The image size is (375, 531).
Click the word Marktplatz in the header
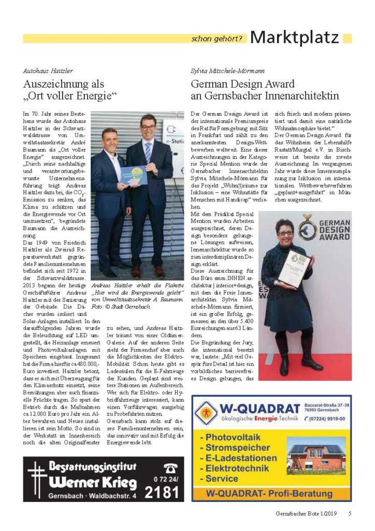(294, 37)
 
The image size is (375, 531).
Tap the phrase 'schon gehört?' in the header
(217, 38)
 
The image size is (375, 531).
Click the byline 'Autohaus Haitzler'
(48, 71)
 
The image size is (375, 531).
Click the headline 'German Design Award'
(242, 84)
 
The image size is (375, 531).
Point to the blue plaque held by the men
(126, 175)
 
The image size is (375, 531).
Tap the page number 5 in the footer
(350, 514)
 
